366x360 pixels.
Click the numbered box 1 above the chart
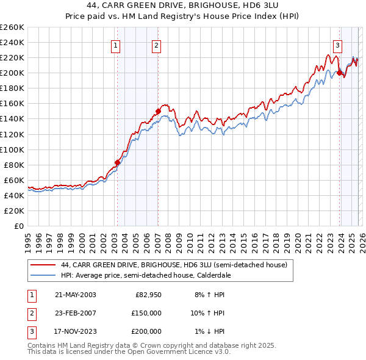115,45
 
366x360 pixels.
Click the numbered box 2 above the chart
157,45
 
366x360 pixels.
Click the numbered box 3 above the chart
337,45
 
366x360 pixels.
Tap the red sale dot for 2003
118,162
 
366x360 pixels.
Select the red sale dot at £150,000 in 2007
158,111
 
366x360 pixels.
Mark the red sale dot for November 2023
339,73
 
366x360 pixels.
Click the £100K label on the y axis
12,149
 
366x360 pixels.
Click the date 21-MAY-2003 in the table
75,295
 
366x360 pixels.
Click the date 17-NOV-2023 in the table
75,331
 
